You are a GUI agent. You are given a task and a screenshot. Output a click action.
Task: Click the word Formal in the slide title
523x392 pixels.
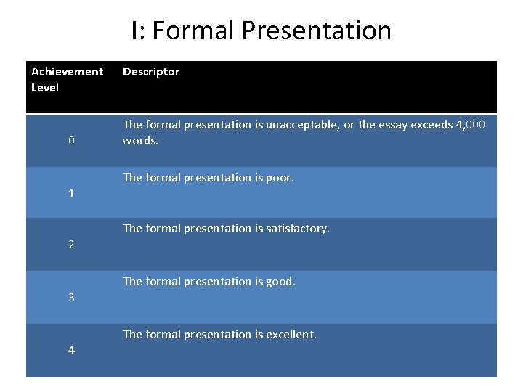[x=194, y=30]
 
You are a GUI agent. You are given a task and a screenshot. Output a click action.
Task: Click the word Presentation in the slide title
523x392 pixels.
[x=316, y=30]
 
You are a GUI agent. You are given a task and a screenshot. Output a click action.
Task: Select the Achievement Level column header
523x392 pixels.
[x=67, y=79]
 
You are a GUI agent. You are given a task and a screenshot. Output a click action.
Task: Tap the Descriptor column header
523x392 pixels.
[x=151, y=71]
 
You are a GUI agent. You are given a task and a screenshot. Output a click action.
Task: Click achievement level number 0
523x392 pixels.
[x=71, y=141]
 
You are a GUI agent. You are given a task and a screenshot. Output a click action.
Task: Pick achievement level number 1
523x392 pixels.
[x=71, y=194]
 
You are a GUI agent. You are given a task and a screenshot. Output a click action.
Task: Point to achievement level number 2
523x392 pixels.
[x=71, y=245]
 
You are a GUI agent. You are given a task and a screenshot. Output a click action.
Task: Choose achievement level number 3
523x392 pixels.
[x=71, y=298]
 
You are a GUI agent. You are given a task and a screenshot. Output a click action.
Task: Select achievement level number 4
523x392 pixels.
[x=71, y=351]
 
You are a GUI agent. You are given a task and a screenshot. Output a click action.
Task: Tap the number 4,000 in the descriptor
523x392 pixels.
[x=470, y=125]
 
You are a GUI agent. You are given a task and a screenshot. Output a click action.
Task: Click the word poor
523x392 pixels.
[x=279, y=177]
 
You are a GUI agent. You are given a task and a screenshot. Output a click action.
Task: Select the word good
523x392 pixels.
[x=280, y=281]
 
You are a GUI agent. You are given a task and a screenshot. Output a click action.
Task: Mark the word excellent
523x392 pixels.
[x=290, y=335]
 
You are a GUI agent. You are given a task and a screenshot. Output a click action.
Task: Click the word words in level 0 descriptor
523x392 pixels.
[x=140, y=141]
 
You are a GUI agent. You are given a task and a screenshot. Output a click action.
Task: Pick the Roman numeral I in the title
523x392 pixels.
[x=136, y=30]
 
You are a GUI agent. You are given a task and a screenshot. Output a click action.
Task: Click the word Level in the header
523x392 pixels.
[x=45, y=87]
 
